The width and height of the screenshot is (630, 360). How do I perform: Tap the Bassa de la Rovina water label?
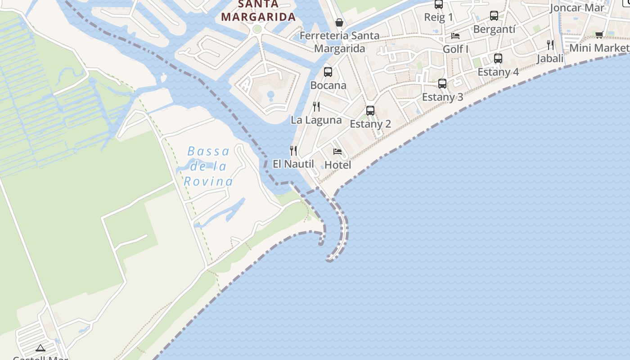coord(208,166)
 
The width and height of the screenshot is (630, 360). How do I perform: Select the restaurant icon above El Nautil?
coord(293,150)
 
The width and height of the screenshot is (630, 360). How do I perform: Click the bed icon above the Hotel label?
coord(337,152)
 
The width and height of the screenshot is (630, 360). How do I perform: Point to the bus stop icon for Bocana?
coord(328,72)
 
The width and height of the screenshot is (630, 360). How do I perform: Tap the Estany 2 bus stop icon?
coord(370,110)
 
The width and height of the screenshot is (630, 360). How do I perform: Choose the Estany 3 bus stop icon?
coord(442,83)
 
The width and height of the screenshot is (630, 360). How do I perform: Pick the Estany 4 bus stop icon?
coord(498,58)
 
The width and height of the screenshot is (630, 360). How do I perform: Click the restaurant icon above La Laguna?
coord(316,107)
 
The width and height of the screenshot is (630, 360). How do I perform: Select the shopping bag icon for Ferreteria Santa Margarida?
coord(339,22)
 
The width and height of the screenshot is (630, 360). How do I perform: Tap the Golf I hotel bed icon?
coord(455,36)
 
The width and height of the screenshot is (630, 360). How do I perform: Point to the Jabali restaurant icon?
coord(550,45)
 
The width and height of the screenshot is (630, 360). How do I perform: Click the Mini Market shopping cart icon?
coord(599,35)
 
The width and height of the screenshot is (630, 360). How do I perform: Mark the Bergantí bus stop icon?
coord(494,16)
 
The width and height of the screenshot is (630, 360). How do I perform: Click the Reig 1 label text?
coord(439,18)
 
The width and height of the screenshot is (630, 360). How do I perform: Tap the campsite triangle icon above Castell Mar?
coord(40,347)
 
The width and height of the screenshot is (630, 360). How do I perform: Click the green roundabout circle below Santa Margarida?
coord(257,29)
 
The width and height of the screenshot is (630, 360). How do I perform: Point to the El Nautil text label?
coord(293,164)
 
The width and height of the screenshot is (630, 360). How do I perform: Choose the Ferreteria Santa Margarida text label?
coord(339,42)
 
